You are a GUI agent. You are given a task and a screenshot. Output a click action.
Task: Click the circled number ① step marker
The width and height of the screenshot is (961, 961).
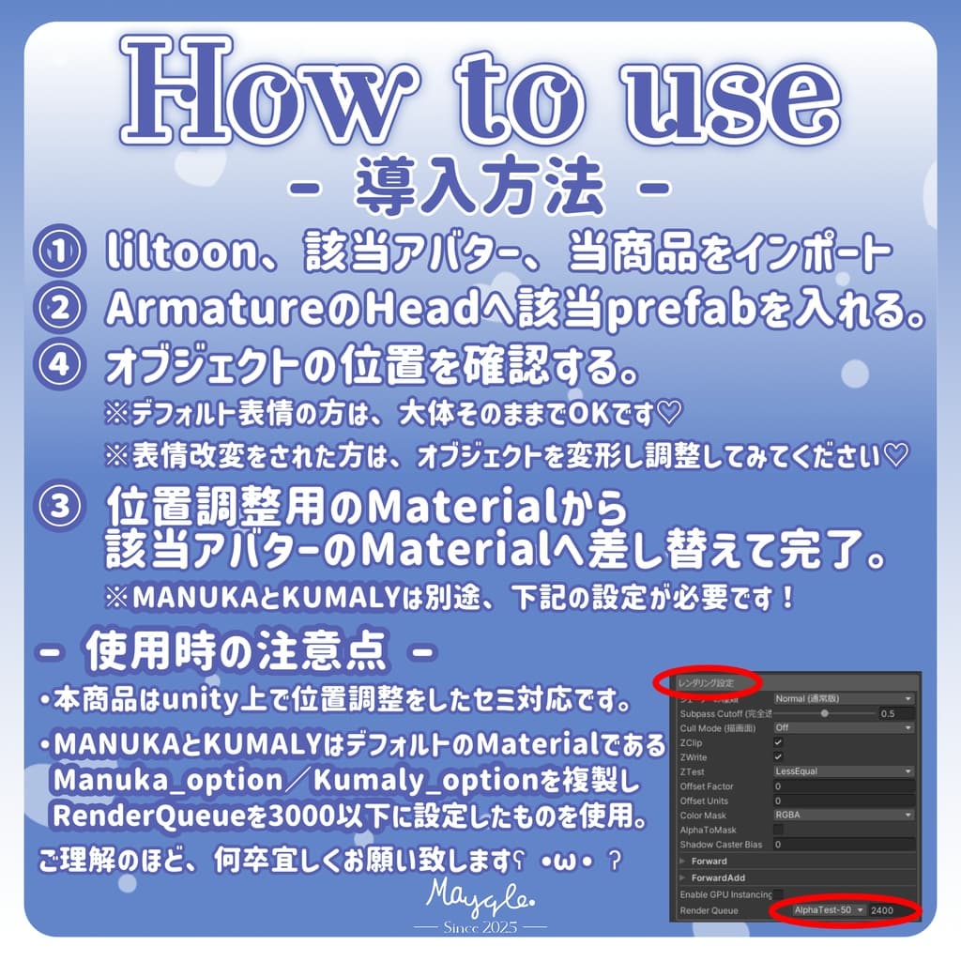click(x=59, y=252)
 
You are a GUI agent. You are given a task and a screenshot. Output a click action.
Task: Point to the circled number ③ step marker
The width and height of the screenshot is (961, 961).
click(x=59, y=507)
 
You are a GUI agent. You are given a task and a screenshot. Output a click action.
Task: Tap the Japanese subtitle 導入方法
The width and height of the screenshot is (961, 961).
click(x=479, y=187)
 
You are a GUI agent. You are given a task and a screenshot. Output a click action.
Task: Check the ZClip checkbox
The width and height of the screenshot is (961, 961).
click(x=778, y=741)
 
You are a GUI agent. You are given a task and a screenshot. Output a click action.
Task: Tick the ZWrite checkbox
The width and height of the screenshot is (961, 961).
click(x=778, y=756)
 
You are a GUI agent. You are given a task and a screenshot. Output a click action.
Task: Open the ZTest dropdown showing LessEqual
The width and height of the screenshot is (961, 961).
click(x=843, y=771)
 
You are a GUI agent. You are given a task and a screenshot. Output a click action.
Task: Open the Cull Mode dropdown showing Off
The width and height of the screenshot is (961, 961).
click(x=843, y=727)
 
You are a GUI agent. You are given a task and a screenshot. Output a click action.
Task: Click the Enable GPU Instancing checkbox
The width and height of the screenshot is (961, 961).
click(x=778, y=894)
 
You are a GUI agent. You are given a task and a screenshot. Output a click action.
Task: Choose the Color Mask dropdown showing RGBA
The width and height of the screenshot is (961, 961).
click(x=843, y=815)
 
